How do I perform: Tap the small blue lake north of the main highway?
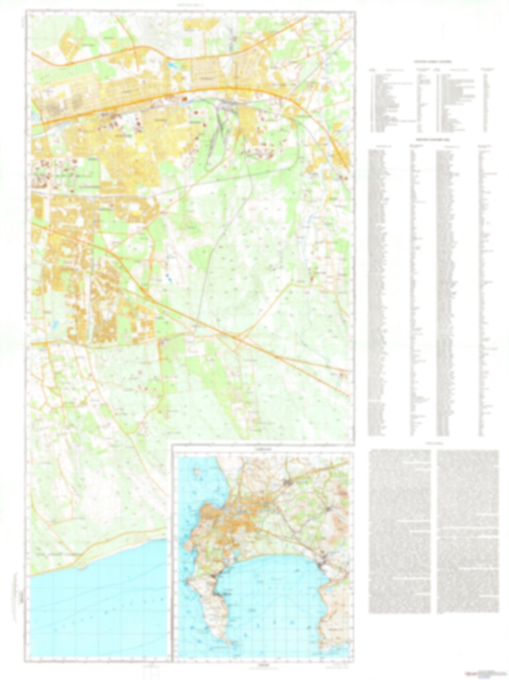(x=172, y=65)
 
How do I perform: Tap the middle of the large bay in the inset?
(x=271, y=582)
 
